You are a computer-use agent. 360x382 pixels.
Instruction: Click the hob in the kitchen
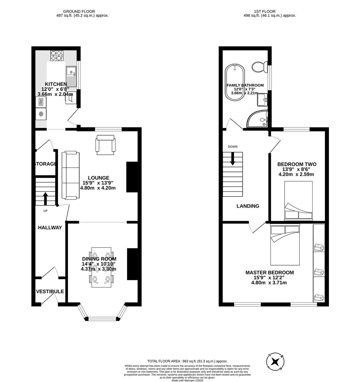[x=56, y=55]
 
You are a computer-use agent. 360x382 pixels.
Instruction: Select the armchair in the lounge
[x=105, y=145]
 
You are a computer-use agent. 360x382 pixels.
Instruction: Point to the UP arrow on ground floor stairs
[x=45, y=198]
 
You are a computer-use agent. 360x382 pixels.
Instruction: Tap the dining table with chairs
[x=101, y=267]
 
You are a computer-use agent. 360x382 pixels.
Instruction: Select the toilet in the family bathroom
[x=261, y=66]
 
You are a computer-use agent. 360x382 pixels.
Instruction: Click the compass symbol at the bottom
[x=275, y=361]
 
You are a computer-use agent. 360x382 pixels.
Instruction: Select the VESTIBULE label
[x=50, y=291]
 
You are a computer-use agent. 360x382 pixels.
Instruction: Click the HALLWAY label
[x=50, y=227]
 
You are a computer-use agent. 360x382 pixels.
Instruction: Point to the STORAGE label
[x=45, y=164]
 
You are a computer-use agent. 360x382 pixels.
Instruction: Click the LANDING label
[x=248, y=206]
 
